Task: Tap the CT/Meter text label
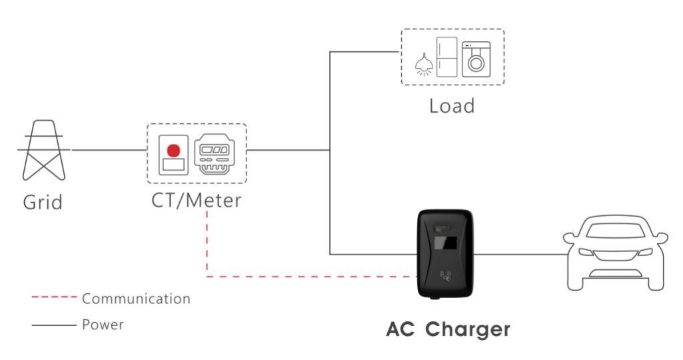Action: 196,199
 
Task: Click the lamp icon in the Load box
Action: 421,64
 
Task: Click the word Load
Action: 451,105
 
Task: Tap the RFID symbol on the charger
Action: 446,274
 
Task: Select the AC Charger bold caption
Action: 448,329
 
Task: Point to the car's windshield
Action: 615,231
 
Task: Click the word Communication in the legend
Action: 136,299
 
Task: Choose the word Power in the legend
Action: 103,325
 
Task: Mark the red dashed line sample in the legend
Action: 54,297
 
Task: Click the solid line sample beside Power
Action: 54,325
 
